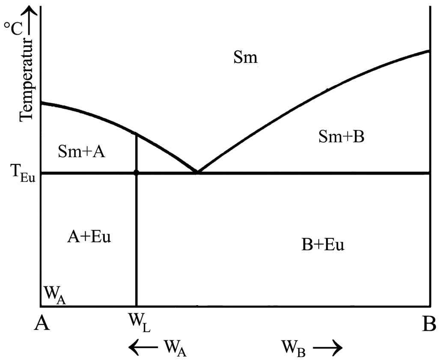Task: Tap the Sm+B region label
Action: [x=341, y=137]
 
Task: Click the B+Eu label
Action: [x=323, y=245]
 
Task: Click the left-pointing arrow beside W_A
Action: [x=144, y=346]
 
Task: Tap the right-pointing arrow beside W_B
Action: [x=327, y=346]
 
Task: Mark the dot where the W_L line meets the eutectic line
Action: [x=136, y=173]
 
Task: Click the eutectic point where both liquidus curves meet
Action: [x=197, y=172]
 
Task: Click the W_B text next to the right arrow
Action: [x=293, y=346]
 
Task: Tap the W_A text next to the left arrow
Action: [x=175, y=346]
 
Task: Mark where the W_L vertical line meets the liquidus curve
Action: [x=136, y=134]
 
